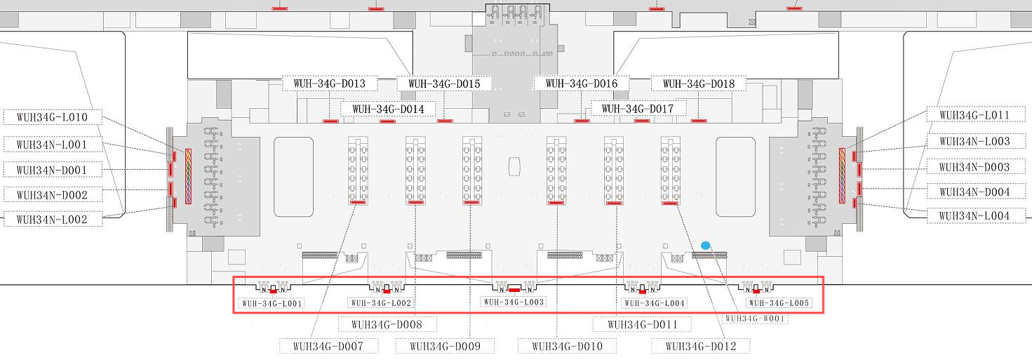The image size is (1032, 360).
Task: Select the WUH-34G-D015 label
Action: (444, 84)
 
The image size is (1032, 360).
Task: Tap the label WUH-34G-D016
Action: (581, 84)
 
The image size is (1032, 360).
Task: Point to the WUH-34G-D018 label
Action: (698, 84)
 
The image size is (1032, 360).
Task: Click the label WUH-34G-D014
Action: (388, 109)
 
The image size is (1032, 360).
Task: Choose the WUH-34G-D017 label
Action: (638, 109)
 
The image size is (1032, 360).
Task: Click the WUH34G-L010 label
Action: (53, 117)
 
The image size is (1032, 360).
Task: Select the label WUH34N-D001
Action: (53, 170)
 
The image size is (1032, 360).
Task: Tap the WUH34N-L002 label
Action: (53, 220)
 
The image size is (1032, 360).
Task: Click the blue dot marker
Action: (706, 245)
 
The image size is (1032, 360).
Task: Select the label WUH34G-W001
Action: (756, 319)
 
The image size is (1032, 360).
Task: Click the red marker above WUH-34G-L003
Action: (514, 289)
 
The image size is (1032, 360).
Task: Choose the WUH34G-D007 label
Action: (329, 346)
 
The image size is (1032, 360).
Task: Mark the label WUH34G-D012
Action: (700, 346)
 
